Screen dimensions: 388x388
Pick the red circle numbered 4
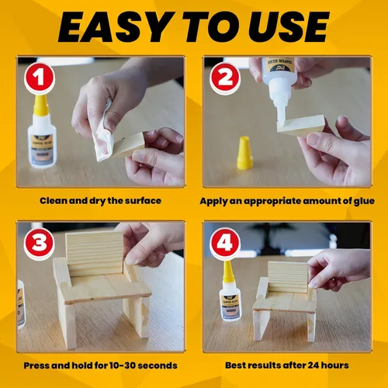226,244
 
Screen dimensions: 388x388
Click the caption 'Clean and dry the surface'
101,200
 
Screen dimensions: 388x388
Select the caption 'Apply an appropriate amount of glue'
286,200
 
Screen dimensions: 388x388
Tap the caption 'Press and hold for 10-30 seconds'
101,365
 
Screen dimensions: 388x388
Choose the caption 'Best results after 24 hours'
286,365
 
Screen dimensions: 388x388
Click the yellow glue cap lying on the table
244,153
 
